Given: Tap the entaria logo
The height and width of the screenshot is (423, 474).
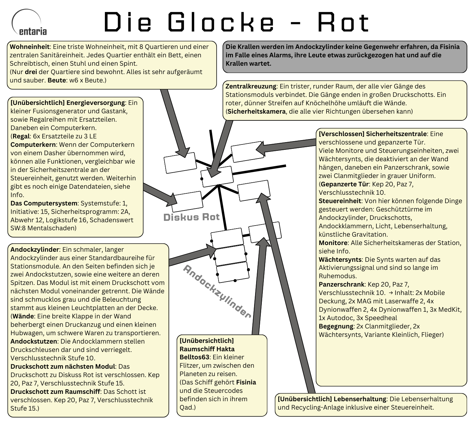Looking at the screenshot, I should point(29,24).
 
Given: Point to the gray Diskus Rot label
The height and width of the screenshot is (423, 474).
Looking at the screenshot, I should point(191,217).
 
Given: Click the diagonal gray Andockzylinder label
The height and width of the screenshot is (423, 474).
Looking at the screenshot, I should point(217,291).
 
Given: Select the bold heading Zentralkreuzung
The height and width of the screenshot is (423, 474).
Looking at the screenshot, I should point(251,86).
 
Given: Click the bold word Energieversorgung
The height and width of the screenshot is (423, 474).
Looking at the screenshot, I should point(96,103).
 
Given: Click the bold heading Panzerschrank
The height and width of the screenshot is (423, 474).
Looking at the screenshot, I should point(341,284).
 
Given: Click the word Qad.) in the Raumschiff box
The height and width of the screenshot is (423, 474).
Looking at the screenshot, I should point(188,407).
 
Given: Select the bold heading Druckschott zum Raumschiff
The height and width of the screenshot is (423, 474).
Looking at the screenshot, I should point(55,391).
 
